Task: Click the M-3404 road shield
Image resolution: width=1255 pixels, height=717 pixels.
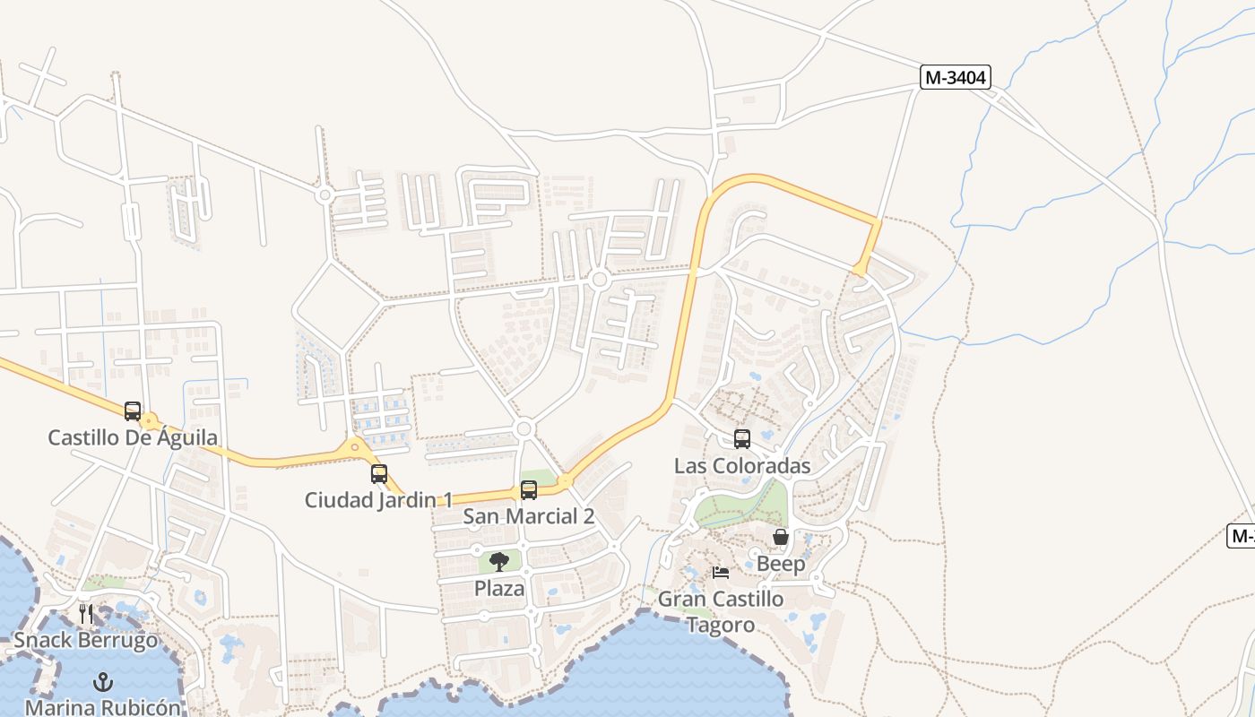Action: [x=955, y=78]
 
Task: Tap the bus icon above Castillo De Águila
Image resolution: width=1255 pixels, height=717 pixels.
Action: [x=133, y=411]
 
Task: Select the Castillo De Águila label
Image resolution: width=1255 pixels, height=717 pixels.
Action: [x=133, y=437]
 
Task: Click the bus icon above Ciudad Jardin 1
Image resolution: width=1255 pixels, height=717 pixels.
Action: [x=379, y=473]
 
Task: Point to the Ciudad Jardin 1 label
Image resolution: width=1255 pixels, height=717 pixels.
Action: [x=378, y=500]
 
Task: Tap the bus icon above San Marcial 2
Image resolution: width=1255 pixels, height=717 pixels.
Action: [x=529, y=490]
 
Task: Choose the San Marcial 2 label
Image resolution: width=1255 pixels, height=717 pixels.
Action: [x=528, y=516]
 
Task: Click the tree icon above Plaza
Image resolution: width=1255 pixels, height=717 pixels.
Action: [x=499, y=562]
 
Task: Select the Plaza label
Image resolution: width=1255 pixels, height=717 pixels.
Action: [x=499, y=589]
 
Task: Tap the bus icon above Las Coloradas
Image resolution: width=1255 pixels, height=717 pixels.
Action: [x=742, y=439]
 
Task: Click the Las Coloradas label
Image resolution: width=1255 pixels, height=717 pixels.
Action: [x=742, y=466]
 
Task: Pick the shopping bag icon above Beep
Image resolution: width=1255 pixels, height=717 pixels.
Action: [x=781, y=537]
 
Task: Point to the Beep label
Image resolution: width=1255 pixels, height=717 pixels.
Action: [x=781, y=564]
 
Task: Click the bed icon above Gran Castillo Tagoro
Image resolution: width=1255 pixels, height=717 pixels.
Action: [x=721, y=573]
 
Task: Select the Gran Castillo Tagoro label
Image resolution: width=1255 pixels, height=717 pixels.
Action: [x=721, y=611]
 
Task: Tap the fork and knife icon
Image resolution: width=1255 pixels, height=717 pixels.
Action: [x=86, y=614]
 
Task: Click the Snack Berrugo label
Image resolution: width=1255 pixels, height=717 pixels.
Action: [x=86, y=641]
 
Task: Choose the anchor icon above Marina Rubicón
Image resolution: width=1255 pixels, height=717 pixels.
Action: [x=103, y=682]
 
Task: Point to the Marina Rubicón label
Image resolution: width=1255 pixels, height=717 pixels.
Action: [x=103, y=707]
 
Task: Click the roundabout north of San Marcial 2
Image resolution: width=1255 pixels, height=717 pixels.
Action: [x=524, y=429]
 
